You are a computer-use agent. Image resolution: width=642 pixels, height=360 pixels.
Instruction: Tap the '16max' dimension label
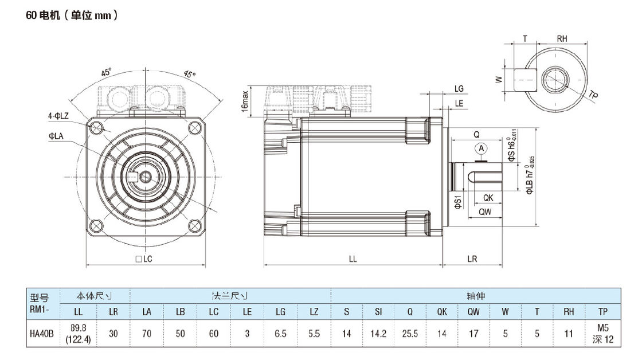click(x=245, y=101)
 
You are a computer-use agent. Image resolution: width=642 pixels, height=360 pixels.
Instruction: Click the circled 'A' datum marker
click(x=481, y=148)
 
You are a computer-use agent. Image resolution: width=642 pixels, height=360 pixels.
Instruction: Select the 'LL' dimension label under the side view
click(x=353, y=259)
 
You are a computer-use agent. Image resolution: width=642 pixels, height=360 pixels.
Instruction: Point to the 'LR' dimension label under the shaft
click(x=472, y=259)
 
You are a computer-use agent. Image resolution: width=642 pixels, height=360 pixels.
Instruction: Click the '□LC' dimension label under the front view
click(x=144, y=259)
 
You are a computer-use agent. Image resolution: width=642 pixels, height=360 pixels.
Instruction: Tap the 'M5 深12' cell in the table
click(x=603, y=334)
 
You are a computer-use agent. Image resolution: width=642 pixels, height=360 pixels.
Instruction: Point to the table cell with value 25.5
click(x=410, y=334)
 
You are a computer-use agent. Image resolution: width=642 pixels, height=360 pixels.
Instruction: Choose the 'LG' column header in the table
click(x=280, y=312)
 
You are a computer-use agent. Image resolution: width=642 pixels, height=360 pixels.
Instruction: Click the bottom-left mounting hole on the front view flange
click(x=96, y=225)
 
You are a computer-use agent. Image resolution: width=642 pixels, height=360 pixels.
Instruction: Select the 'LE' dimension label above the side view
click(x=459, y=103)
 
